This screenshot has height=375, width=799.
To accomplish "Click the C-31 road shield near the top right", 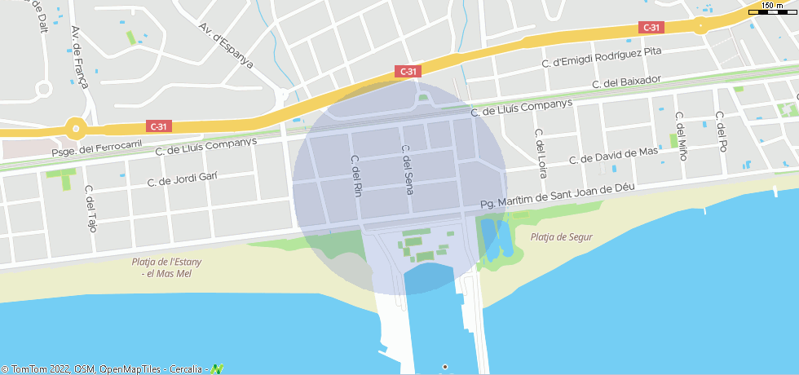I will click(651, 28).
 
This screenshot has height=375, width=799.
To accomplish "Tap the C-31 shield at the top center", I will click(408, 72).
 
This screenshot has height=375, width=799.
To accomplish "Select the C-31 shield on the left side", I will click(159, 126).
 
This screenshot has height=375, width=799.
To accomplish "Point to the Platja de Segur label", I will click(561, 237).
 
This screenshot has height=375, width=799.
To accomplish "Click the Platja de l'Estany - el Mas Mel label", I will click(166, 267).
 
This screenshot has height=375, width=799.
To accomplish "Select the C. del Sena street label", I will click(408, 170).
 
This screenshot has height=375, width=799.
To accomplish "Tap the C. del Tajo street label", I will click(90, 209).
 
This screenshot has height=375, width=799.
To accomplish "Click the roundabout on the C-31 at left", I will click(77, 128).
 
